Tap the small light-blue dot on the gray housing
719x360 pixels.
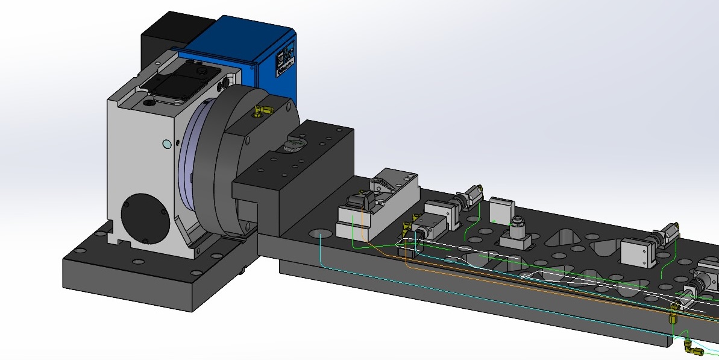167,144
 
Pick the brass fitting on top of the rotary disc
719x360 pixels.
263,111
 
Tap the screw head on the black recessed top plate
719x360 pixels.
201,72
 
